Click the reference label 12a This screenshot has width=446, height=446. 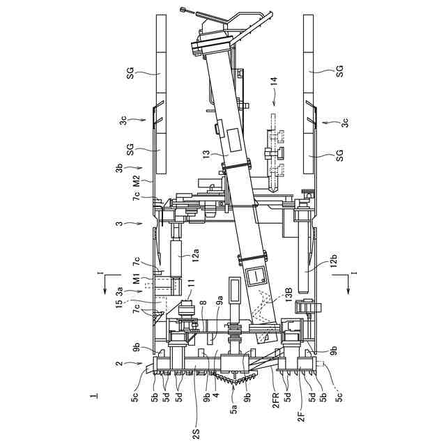pyautogui.click(x=195, y=254)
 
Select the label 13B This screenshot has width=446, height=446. pyautogui.click(x=289, y=294)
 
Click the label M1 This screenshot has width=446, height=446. pyautogui.click(x=137, y=279)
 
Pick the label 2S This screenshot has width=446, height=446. pyautogui.click(x=196, y=434)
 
